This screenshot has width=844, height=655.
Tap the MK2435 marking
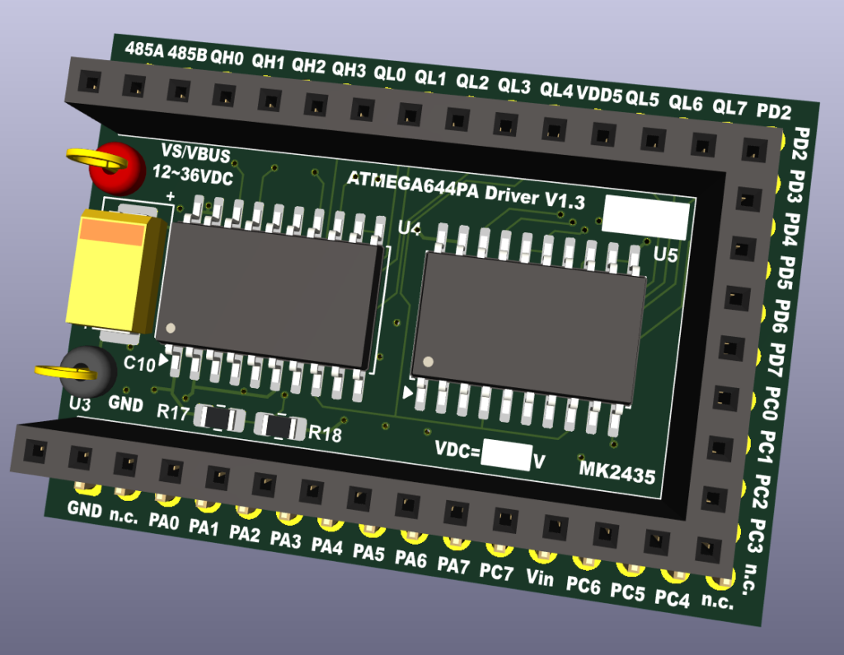point(617,472)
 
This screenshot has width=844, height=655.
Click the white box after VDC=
point(506,455)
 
